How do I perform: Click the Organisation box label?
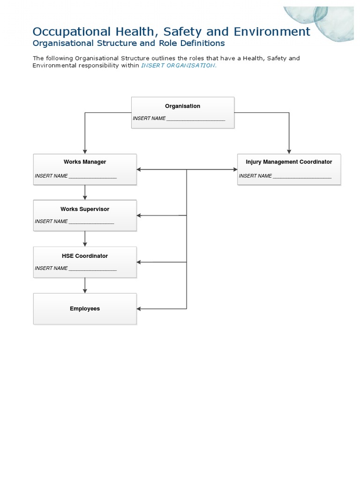coord(182,106)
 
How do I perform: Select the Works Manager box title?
coord(85,162)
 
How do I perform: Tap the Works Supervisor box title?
coord(85,209)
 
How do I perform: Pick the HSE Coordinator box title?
coord(85,256)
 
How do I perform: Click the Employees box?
coord(85,308)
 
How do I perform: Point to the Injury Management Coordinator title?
coord(289,162)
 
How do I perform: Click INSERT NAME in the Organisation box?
coord(149,119)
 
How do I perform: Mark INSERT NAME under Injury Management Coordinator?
coord(255,176)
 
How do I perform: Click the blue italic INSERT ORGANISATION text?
coord(179,66)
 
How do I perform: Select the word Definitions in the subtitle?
coord(202,43)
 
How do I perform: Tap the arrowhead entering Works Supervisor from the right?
coord(139,216)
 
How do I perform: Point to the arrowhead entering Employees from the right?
coord(139,308)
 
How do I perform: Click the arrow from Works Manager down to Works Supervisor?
coord(85,192)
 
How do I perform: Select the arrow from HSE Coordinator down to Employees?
coord(85,285)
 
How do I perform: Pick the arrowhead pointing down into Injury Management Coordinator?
coord(289,151)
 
